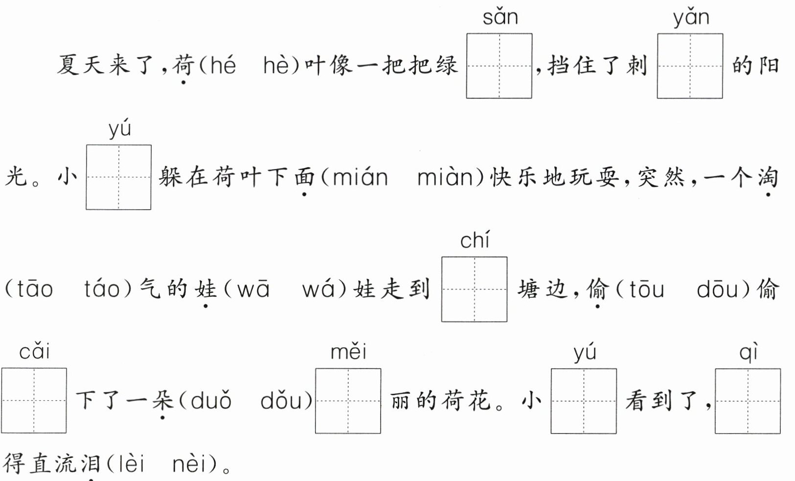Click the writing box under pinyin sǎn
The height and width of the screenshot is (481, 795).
pyautogui.click(x=499, y=66)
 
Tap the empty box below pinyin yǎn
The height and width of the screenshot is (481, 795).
pyautogui.click(x=690, y=66)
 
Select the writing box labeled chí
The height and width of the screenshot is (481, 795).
pyautogui.click(x=474, y=289)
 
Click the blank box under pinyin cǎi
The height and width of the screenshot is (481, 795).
pyautogui.click(x=34, y=400)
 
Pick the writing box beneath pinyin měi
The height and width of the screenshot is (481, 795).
pyautogui.click(x=348, y=401)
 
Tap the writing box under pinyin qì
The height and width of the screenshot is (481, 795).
pyautogui.click(x=748, y=401)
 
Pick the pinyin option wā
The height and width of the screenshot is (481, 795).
pyautogui.click(x=253, y=289)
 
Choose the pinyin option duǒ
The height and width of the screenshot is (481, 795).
pyautogui.click(x=211, y=401)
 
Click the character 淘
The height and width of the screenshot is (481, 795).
pyautogui.click(x=767, y=177)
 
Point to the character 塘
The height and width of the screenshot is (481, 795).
pyautogui.click(x=529, y=289)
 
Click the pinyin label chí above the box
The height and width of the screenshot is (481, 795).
pyautogui.click(x=474, y=240)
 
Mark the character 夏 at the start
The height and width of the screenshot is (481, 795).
pyautogui.click(x=68, y=65)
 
